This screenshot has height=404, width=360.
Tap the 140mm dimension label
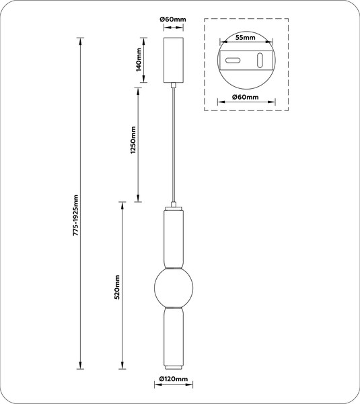pyautogui.click(x=139, y=59)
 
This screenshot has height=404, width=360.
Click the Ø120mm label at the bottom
pyautogui.click(x=173, y=378)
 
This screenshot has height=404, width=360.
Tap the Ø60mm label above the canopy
pyautogui.click(x=173, y=20)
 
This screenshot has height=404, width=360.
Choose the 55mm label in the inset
pyautogui.click(x=246, y=38)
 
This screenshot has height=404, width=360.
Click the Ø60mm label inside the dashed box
pyautogui.click(x=246, y=97)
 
